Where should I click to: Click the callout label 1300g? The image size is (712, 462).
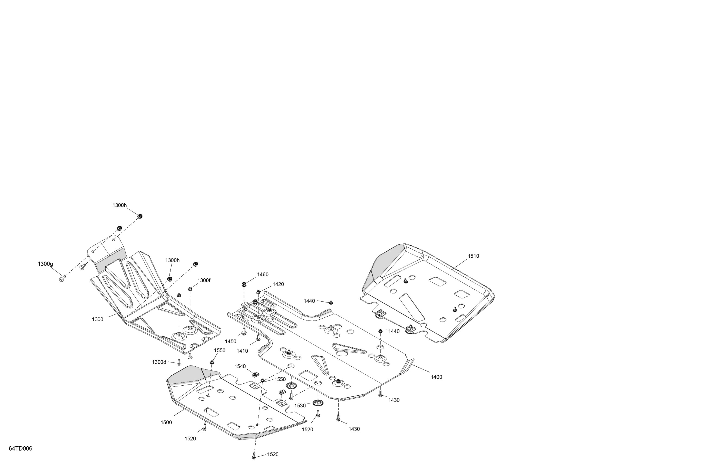pos(45,264)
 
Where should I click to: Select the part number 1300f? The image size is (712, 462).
pos(204,280)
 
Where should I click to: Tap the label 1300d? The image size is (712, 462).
pos(159,362)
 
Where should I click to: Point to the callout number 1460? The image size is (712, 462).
pos(263,274)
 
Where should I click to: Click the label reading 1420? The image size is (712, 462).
pos(278,284)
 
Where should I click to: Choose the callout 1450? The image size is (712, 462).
pos(231,341)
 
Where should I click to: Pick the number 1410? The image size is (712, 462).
pos(242,351)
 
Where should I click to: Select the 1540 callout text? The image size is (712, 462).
pos(240,366)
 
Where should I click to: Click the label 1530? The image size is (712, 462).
pos(300,406)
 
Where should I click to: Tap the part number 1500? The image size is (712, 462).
pos(166,423)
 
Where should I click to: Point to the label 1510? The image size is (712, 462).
pos(474,256)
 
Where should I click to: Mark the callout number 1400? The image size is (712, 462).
pos(436,377)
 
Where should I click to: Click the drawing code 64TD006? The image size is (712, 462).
pos(20,448)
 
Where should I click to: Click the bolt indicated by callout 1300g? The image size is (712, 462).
pos(62,279)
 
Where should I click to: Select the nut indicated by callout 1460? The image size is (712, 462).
pos(244,283)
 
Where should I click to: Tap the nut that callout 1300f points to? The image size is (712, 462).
pos(190,289)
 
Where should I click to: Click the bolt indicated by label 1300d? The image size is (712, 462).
pos(179,363)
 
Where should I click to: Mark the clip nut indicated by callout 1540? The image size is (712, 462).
pos(255,374)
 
